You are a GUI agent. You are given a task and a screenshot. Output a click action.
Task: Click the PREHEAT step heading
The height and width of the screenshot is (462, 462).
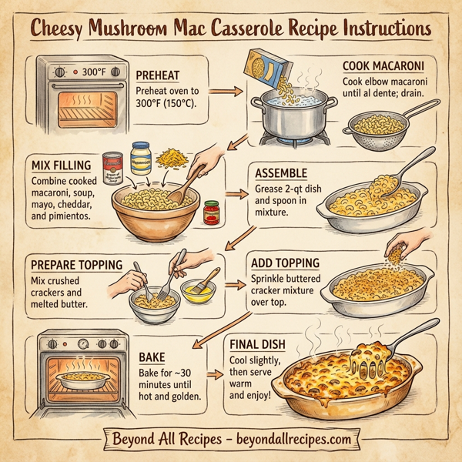click(159, 75)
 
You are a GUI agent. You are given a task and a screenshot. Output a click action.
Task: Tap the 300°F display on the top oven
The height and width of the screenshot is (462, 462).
click(90, 72)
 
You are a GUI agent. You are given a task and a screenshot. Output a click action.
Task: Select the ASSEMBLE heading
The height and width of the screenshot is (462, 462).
click(282, 173)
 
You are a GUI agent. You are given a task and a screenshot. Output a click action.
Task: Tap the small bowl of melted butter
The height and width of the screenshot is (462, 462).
click(196, 293)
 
